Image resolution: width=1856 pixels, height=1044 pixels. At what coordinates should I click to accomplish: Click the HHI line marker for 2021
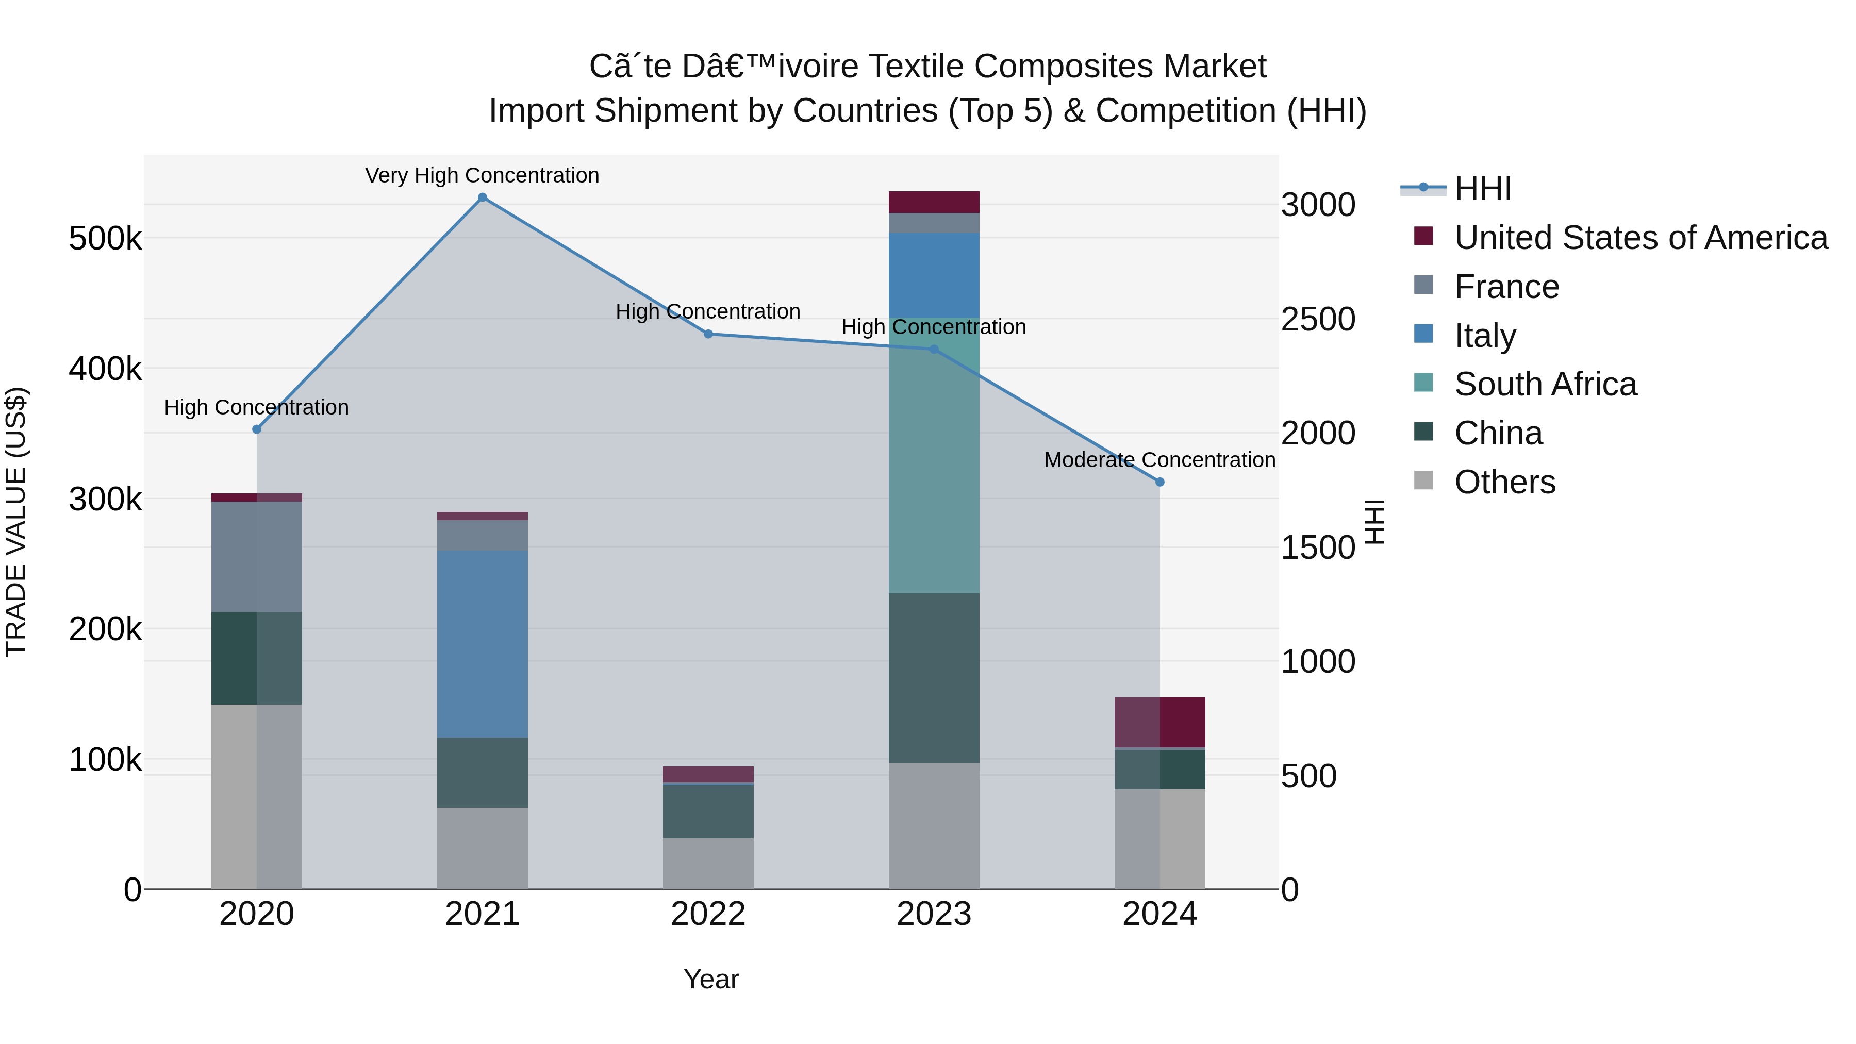(x=483, y=197)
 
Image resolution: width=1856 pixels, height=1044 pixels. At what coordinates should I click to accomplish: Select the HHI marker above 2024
(x=1160, y=482)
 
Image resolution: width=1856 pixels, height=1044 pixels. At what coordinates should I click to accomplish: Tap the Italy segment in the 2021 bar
(x=483, y=643)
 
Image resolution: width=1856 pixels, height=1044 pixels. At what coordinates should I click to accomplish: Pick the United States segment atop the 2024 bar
(x=1160, y=722)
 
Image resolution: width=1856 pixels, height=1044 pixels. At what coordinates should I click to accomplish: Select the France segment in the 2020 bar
(x=257, y=556)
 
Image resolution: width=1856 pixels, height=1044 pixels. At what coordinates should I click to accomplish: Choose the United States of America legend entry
(x=1640, y=238)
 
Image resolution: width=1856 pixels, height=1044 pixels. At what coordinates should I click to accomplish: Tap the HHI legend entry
(x=1483, y=189)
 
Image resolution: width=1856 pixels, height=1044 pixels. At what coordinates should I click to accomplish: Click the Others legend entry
(x=1504, y=482)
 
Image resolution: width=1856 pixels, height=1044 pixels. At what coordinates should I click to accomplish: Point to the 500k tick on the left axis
(x=105, y=239)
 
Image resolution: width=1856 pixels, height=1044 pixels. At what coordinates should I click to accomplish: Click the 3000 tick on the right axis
(x=1317, y=205)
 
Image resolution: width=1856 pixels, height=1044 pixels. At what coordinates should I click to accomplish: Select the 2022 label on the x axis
(x=708, y=914)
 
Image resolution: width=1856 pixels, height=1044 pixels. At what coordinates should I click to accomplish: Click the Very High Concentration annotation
(x=482, y=175)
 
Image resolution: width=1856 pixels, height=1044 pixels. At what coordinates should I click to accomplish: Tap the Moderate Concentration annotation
(x=1159, y=460)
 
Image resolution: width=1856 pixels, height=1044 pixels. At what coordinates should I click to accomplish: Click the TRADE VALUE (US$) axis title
(x=16, y=522)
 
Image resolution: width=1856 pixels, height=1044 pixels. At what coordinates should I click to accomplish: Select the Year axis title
(x=711, y=979)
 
